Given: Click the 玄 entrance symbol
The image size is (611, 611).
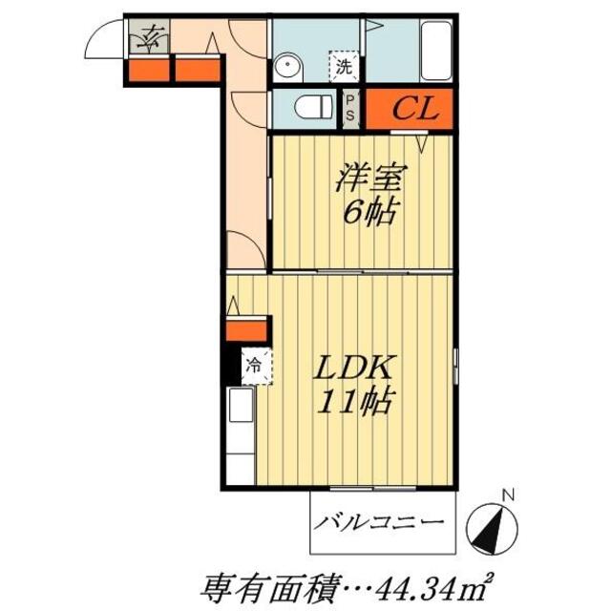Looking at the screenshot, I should click(x=150, y=40).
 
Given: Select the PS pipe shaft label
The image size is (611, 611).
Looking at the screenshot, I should click(x=350, y=107).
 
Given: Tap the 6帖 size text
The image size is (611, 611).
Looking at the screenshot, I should click(x=368, y=211).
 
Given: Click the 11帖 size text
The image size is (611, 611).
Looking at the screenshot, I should click(x=354, y=404).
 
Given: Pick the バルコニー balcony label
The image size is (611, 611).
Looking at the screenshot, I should click(x=379, y=522).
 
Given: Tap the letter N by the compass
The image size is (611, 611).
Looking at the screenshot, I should click(x=509, y=495).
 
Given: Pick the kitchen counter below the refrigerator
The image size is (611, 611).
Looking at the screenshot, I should click(x=241, y=434).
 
